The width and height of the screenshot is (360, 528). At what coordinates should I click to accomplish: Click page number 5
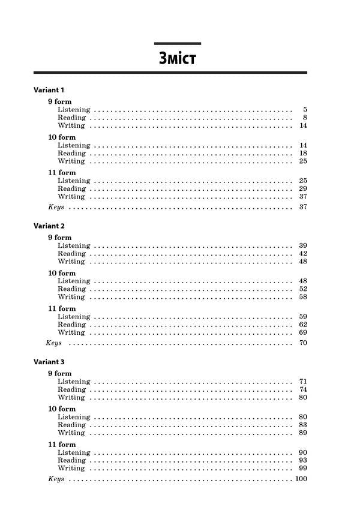tap(305, 110)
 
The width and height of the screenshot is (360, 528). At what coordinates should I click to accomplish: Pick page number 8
tap(305, 118)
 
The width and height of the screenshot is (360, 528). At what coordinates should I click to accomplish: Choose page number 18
tap(303, 153)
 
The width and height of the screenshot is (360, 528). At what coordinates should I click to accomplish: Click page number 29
tap(303, 188)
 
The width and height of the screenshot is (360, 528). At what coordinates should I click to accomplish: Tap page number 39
tap(303, 245)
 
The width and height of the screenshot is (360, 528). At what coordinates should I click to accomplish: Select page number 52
tap(303, 289)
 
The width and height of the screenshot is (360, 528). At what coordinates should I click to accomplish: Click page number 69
tap(303, 332)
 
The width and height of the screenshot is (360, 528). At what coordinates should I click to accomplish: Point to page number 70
tap(303, 343)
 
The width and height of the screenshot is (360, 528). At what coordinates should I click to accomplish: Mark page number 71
tap(303, 382)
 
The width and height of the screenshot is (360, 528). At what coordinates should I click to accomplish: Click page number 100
tap(301, 479)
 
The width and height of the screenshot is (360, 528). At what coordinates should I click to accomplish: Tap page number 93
tap(303, 460)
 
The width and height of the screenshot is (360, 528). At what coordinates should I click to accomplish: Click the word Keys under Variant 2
tap(54, 343)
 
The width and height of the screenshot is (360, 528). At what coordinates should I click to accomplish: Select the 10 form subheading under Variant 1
tap(62, 137)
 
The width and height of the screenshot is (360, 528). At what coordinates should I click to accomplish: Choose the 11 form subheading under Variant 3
tap(62, 445)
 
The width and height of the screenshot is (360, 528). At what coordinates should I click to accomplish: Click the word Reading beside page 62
tap(71, 325)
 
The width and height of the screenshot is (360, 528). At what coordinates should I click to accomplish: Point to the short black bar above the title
tap(178, 43)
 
